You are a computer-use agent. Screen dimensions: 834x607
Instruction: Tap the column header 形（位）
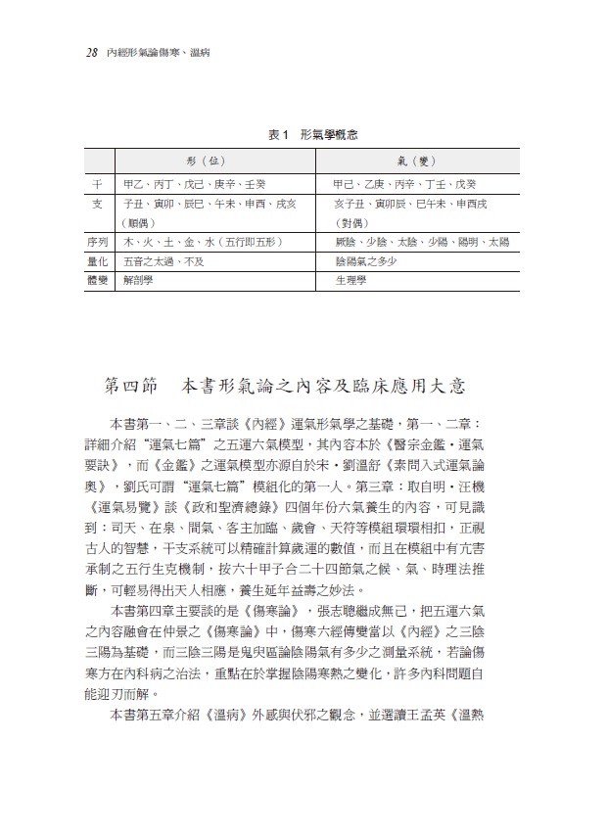point(208,161)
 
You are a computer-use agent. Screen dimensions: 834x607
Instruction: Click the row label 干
point(97,183)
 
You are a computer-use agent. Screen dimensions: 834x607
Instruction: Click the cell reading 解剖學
point(139,280)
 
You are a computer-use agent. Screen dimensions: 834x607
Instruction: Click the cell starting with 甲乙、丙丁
point(190,183)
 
